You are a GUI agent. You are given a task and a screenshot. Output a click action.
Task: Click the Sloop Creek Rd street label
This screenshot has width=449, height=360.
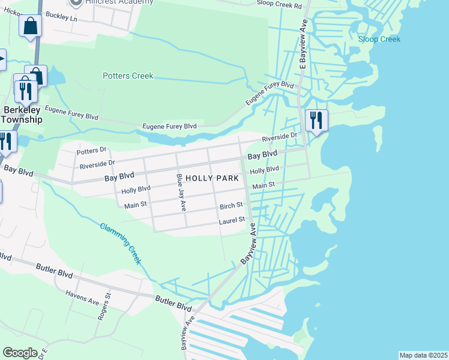tap(279, 5)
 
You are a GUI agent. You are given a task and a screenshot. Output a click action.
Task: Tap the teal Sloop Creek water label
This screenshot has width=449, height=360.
tap(379, 40)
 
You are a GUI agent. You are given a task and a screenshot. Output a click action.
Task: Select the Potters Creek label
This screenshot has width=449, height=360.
tap(128, 76)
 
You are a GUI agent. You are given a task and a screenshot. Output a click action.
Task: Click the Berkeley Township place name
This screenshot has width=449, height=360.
tap(22, 115)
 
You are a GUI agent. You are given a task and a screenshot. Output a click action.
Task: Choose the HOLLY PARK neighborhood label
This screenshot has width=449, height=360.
tap(212, 178)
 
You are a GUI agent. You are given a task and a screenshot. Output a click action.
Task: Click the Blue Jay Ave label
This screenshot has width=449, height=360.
tap(181, 192)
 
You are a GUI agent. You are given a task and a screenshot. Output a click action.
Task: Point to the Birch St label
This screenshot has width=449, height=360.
tap(231, 205)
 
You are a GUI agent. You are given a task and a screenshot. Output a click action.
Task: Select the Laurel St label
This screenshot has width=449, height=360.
tap(232, 220)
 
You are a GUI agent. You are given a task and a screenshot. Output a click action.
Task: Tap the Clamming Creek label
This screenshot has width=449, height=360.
tap(121, 243)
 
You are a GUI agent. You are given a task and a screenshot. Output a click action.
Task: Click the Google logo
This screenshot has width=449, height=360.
tap(20, 353)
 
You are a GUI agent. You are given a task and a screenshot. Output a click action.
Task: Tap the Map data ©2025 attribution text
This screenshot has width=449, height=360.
tap(423, 355)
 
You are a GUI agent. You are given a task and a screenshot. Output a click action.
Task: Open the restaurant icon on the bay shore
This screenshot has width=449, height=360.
tap(315, 120)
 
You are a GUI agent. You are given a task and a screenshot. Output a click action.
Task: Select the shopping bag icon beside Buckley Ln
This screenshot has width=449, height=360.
tap(29, 26)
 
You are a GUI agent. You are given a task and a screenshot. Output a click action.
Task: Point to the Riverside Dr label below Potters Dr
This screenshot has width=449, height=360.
tap(97, 164)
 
